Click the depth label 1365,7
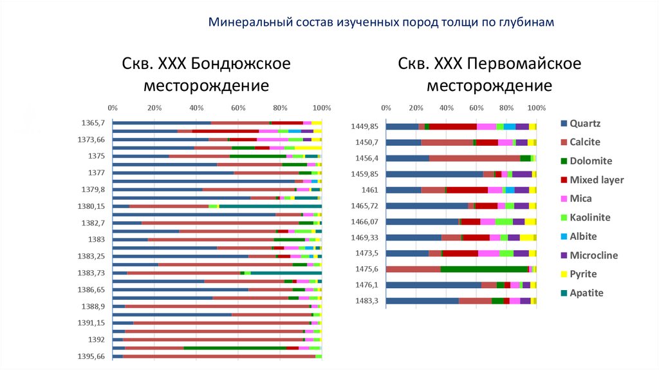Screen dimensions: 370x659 [93, 122]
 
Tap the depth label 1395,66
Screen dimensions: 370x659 [91, 356]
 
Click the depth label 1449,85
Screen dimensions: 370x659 [365, 126]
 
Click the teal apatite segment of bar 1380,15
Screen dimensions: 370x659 [270, 206]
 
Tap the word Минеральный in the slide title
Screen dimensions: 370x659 [248, 23]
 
